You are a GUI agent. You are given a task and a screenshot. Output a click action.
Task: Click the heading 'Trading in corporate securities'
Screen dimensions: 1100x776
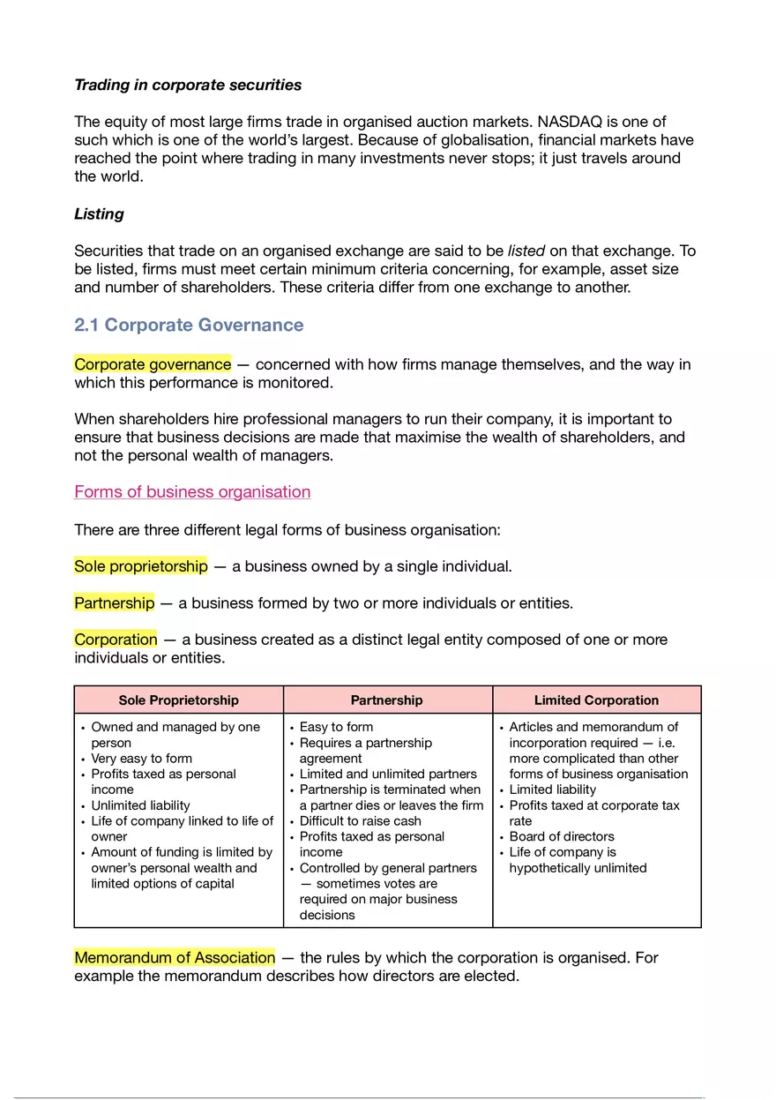(x=188, y=85)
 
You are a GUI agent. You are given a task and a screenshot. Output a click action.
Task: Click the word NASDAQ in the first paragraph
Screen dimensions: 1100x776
(x=572, y=122)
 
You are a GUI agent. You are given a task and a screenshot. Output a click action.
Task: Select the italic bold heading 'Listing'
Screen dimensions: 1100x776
(x=99, y=213)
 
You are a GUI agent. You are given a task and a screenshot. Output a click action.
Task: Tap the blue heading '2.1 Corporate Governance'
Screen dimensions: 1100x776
(x=189, y=325)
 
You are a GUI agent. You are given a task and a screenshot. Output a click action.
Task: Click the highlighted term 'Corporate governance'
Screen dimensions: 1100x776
(x=153, y=364)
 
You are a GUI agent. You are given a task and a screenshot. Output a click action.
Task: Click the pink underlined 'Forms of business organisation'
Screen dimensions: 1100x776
(x=192, y=491)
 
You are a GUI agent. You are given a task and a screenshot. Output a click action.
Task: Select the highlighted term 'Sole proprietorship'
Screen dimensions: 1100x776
(x=141, y=566)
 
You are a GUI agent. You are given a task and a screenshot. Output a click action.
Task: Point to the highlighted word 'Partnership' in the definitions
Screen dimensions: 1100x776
(x=114, y=603)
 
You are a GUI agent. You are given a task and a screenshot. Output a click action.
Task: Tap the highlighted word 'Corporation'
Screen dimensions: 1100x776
(x=116, y=640)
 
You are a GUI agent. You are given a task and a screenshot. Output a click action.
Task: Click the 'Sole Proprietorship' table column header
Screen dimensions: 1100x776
(x=179, y=700)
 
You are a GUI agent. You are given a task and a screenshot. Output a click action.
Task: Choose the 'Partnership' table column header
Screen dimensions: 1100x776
(x=387, y=700)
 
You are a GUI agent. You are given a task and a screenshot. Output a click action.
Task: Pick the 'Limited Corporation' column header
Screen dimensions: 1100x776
(x=596, y=700)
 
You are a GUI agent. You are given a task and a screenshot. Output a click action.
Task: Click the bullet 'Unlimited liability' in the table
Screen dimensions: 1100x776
(x=140, y=805)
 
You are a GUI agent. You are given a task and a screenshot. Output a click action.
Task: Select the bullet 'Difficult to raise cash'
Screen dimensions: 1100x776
(x=360, y=821)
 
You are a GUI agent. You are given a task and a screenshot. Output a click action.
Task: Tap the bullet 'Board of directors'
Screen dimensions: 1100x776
(x=561, y=836)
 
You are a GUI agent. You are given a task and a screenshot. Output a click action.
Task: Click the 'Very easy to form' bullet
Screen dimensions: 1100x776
(x=141, y=759)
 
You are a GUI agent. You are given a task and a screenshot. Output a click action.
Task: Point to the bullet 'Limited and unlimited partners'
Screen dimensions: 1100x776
(x=388, y=774)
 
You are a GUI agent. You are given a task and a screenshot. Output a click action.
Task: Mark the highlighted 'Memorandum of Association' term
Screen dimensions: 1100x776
(x=175, y=958)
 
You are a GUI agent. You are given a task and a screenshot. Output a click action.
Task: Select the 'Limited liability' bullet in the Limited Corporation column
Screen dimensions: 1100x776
(x=552, y=789)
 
